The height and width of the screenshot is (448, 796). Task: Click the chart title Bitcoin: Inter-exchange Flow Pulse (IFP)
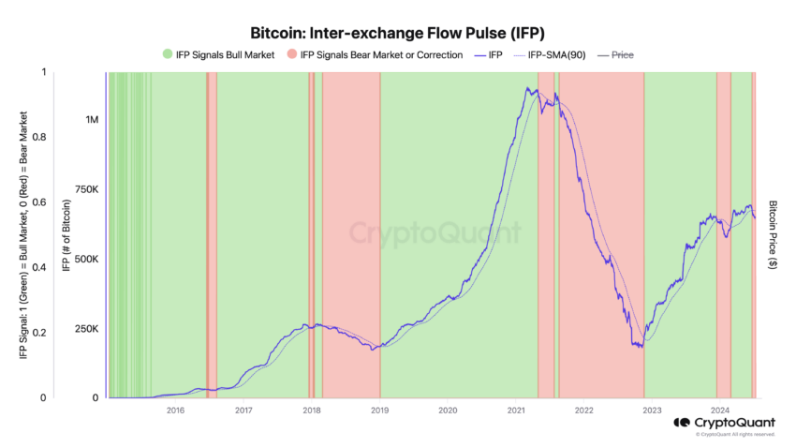coord(398,32)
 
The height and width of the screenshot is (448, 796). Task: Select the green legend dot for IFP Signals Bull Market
coord(168,54)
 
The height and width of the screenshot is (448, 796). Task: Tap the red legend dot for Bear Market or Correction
coord(293,54)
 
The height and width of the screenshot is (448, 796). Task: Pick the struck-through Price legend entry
coord(621,54)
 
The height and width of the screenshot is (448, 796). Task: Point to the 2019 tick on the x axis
coord(379,410)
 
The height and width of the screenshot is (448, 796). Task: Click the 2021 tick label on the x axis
coord(516,410)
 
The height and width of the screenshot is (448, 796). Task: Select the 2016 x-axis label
coord(174,410)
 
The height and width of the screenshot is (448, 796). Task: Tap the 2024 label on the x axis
coord(720,410)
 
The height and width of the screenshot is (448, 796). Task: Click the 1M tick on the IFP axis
coord(91,120)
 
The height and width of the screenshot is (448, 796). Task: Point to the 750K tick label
coord(85,190)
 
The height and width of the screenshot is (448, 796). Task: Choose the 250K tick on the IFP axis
coord(85,329)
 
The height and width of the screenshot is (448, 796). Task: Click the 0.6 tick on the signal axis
coord(38,202)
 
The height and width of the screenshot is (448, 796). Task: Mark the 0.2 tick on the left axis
coord(38,333)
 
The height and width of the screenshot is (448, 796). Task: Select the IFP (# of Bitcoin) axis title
coord(64,234)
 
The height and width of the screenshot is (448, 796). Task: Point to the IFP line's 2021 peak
coord(528,88)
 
